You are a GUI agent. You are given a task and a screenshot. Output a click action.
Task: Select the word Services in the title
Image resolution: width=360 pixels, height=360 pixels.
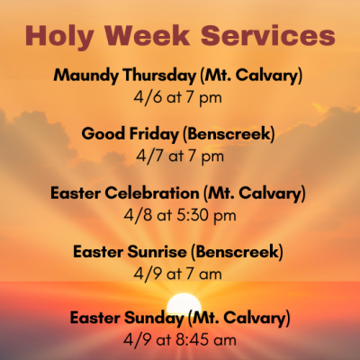268,35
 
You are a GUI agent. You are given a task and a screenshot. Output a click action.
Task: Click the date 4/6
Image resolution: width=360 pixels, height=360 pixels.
148,97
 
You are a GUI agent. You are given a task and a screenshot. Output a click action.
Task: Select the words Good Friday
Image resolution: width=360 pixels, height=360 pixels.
130,135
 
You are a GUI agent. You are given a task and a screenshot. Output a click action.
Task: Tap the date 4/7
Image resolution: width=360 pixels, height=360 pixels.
150,156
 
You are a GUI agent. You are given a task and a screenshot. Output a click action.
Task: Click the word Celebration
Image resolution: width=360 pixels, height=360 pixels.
152,193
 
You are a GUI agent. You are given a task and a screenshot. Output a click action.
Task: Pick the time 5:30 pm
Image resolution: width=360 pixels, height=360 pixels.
206,216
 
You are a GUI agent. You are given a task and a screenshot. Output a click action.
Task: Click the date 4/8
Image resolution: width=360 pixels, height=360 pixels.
138,215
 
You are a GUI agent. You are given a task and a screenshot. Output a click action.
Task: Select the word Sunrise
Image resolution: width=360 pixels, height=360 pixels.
157,251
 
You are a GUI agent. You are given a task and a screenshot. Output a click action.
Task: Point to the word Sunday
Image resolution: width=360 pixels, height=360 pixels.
154,319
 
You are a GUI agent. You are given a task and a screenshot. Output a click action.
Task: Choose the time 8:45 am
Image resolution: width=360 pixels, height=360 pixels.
206,340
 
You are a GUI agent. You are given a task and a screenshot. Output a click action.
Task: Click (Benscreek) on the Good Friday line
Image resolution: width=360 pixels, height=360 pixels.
229,134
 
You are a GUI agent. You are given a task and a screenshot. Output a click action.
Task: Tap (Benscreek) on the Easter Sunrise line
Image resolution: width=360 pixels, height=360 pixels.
237,252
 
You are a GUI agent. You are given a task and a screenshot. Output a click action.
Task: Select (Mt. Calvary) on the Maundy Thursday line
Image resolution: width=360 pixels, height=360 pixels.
251,76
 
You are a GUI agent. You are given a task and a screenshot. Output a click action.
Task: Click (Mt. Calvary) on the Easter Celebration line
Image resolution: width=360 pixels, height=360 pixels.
255,193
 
